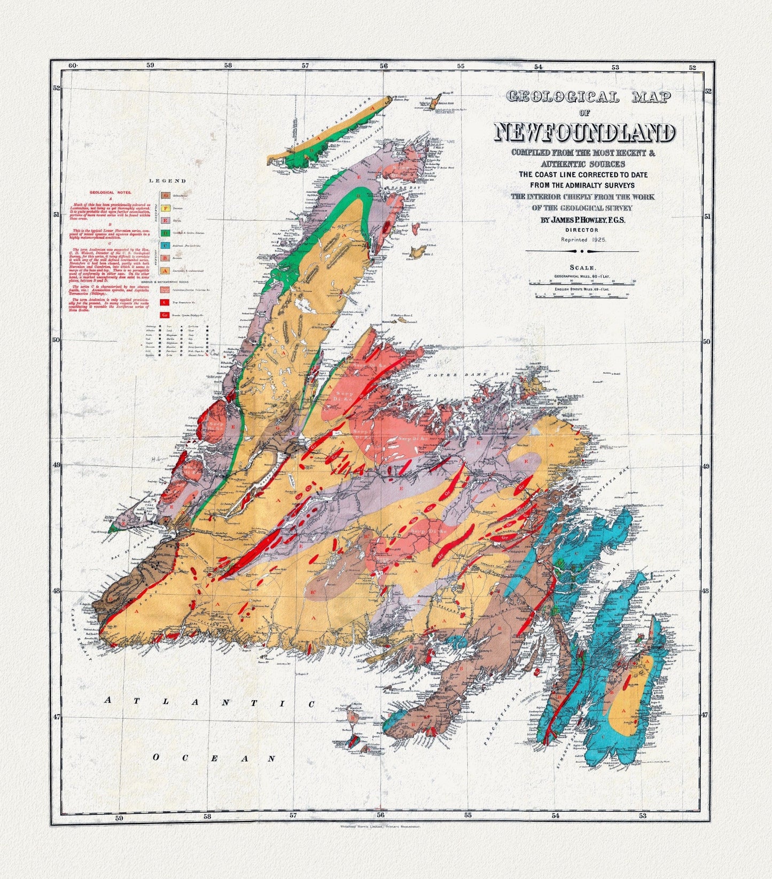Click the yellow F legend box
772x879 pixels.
tap(166, 208)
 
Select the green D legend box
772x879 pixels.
tap(166, 233)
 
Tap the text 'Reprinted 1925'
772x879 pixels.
tap(583, 240)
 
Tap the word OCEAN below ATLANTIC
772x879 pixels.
tap(213, 758)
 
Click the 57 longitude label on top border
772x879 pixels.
tap(305, 66)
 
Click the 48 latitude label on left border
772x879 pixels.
tap(57, 591)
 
